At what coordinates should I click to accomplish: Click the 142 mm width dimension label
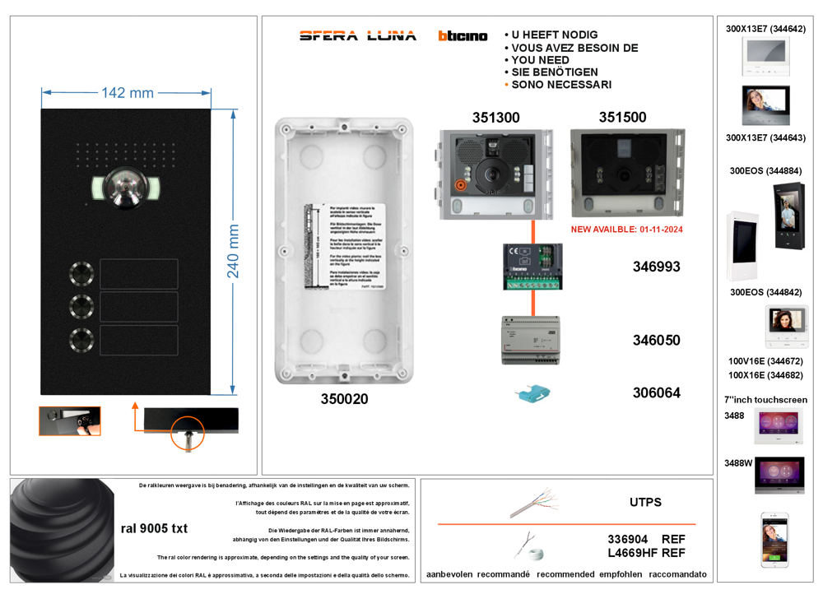(x=127, y=93)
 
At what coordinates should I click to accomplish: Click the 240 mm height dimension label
(x=234, y=251)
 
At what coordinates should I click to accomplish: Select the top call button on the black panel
(x=81, y=272)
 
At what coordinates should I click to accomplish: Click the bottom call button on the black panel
(x=81, y=338)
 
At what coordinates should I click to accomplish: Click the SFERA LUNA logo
(x=358, y=35)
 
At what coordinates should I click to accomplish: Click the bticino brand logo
(x=463, y=36)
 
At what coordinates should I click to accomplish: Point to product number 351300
(x=495, y=118)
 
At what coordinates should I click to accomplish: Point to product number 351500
(x=622, y=118)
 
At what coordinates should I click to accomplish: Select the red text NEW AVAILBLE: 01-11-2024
(x=627, y=230)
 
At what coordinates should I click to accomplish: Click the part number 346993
(x=656, y=267)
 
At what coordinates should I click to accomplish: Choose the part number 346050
(x=656, y=340)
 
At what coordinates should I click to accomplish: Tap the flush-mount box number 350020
(x=344, y=399)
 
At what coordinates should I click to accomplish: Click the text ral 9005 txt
(x=154, y=528)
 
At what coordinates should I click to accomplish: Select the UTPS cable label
(x=645, y=502)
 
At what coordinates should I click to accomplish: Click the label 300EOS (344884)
(x=765, y=171)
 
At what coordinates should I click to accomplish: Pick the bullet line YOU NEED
(x=540, y=60)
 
